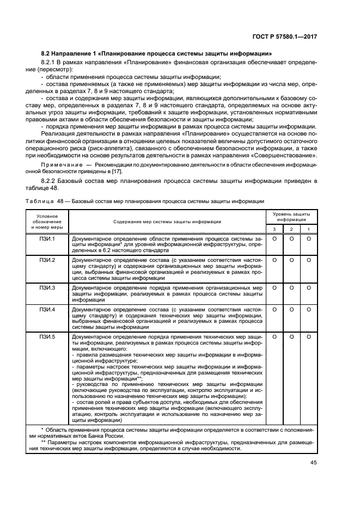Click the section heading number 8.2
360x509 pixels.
47,53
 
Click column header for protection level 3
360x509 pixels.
274,229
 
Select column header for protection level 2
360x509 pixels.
291,229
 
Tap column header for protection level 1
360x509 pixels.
308,229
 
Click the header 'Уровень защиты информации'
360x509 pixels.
291,217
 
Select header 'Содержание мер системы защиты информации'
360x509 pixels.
167,222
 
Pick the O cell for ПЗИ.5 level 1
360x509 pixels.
308,337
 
